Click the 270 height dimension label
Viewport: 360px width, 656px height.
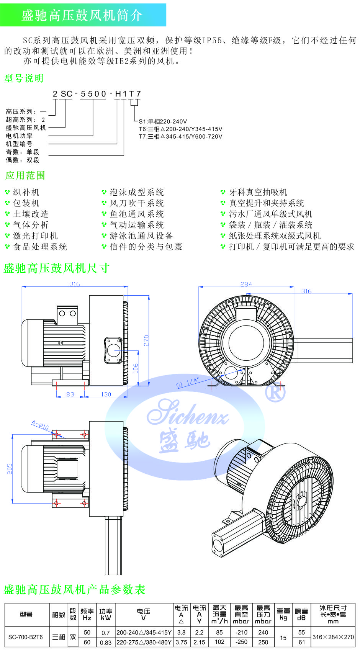[146, 340]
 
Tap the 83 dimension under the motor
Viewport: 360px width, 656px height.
[70, 394]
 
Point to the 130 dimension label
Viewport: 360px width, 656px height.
[106, 394]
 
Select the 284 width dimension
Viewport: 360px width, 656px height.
[246, 284]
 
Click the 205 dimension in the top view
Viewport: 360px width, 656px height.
[10, 469]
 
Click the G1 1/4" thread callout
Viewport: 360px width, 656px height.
[188, 383]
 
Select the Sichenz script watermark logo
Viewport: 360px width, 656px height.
[188, 414]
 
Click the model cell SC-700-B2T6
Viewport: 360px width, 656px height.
[26, 637]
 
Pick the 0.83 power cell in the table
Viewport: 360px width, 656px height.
[105, 643]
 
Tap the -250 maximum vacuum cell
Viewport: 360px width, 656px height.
[241, 642]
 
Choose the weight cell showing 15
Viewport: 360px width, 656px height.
[283, 638]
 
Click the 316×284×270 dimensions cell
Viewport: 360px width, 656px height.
[333, 637]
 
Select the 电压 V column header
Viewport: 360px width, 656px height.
[144, 614]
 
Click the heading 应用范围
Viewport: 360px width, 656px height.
[25, 175]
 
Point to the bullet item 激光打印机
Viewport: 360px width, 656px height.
[35, 236]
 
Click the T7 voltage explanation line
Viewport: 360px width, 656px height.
[180, 136]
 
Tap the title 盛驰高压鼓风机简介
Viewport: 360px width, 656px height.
[82, 15]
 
